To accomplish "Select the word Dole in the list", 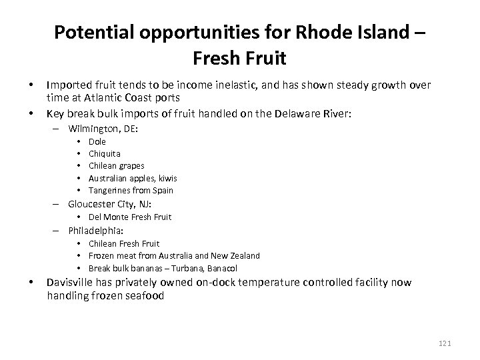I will tap(97, 141).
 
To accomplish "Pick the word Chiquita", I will tap(105, 153).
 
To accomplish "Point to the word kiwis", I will tap(166, 177).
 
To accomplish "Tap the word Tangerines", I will tap(111, 190).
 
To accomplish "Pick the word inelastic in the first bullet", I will tap(208, 85).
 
